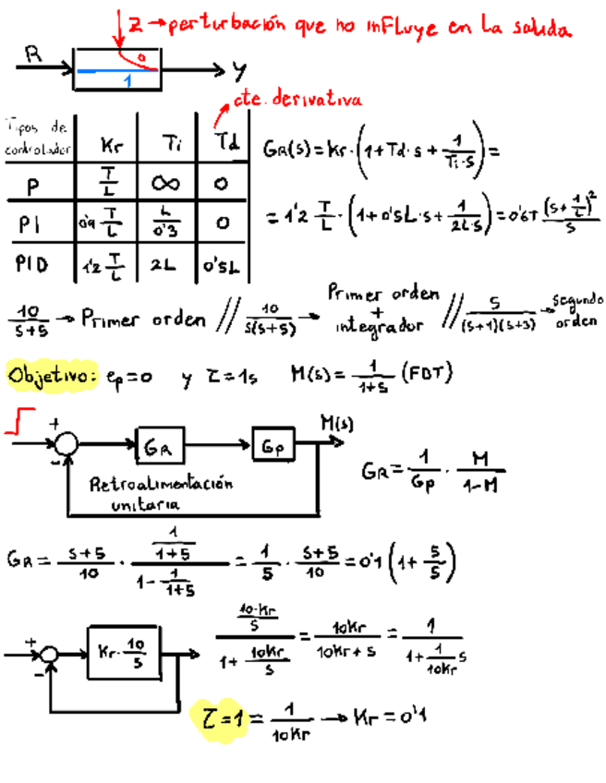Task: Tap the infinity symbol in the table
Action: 166,185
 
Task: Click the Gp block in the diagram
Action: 272,448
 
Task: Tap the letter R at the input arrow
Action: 32,55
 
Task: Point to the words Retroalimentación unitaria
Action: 161,492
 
